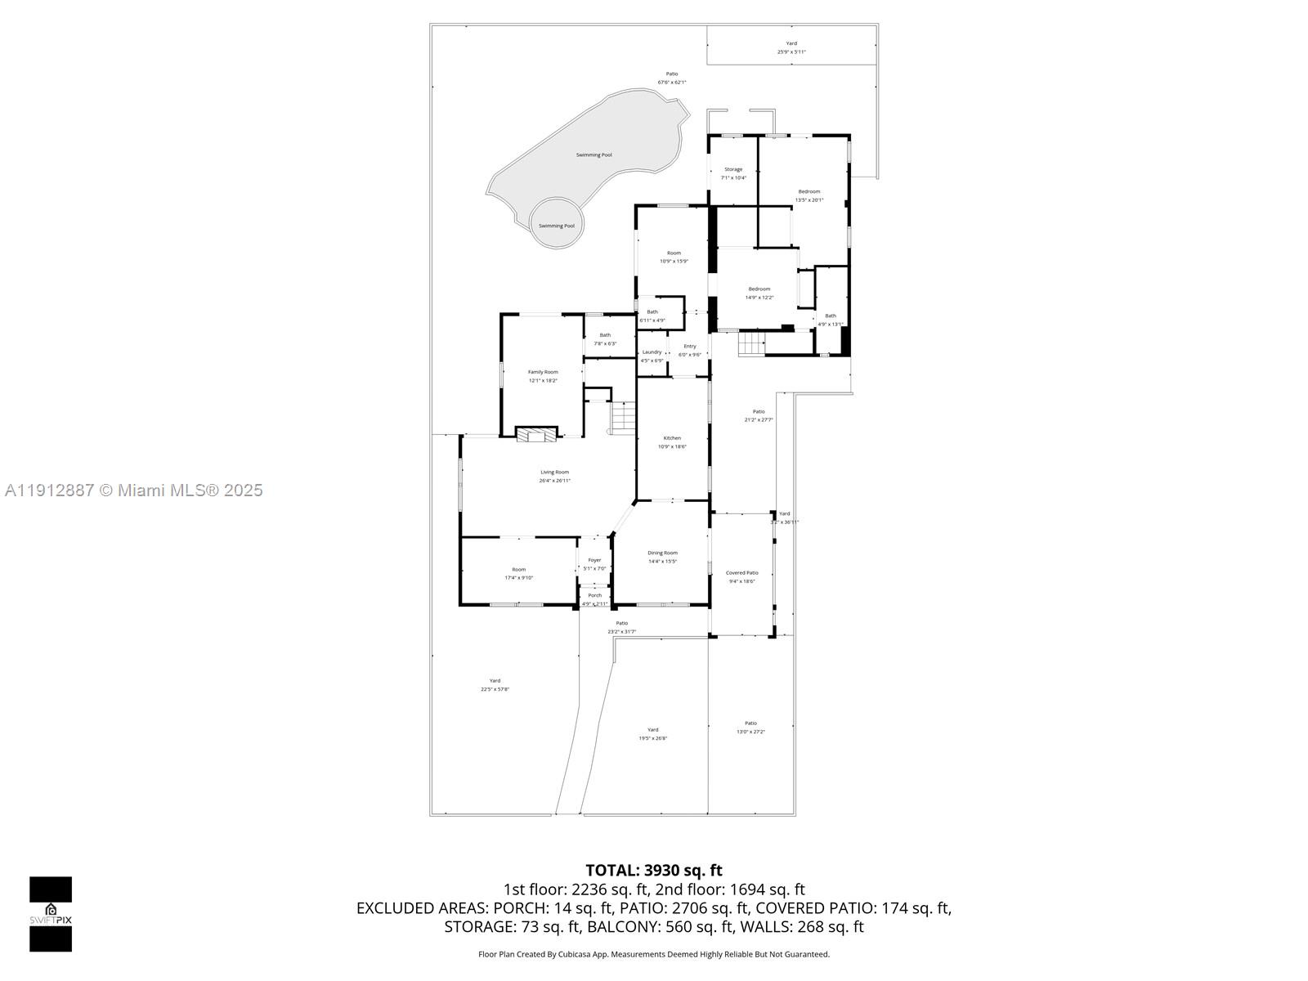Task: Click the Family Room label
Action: coord(543,372)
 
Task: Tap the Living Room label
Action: coord(554,472)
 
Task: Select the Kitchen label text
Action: coord(672,438)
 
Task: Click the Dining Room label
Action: coord(662,553)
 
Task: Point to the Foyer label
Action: coord(594,560)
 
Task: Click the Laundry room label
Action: coord(652,352)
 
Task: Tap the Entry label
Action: coord(690,347)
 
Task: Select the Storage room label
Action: coord(733,169)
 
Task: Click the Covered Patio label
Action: coord(741,573)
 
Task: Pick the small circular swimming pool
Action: coord(557,223)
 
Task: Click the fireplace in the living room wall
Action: coord(537,435)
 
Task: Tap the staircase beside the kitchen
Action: coord(622,418)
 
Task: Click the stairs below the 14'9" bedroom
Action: coord(751,343)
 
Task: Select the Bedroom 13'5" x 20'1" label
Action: coord(809,191)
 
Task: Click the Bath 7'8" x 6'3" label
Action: coord(605,335)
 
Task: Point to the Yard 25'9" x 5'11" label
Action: coord(791,43)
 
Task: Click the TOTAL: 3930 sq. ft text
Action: coord(654,871)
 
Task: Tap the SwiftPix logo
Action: coord(51,914)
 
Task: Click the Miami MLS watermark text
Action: coord(134,490)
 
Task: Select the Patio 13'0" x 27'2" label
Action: coord(750,723)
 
